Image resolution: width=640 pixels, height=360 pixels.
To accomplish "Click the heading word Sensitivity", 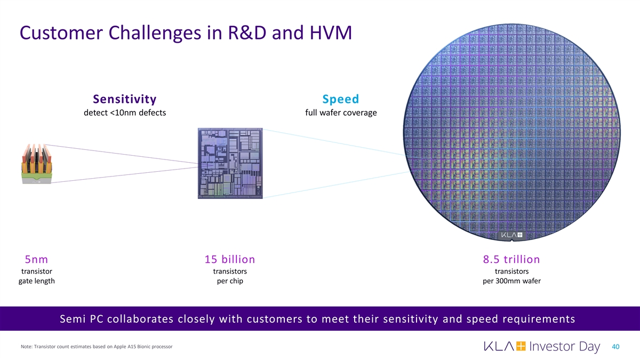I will [x=124, y=99].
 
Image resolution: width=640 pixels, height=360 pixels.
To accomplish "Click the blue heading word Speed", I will [x=340, y=99].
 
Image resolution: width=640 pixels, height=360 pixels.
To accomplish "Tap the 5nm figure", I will [x=36, y=260].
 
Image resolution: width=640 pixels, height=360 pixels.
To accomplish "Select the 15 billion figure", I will [x=230, y=260].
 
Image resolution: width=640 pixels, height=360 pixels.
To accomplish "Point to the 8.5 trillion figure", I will [x=511, y=260].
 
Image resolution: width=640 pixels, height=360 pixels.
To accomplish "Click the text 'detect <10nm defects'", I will [x=124, y=113].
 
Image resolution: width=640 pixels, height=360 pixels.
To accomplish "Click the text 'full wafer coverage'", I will [x=340, y=113].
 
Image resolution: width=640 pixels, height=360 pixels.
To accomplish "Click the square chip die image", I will [x=230, y=163].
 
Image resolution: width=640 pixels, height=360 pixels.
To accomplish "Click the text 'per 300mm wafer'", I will [x=511, y=281].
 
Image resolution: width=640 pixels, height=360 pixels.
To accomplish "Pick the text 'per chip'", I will [x=230, y=281].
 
